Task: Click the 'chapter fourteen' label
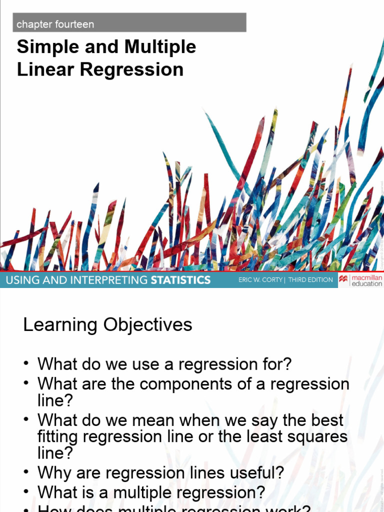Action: click(55, 24)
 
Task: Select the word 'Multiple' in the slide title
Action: click(160, 47)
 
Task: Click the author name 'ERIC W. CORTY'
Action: click(260, 280)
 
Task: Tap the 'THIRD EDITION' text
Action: click(310, 280)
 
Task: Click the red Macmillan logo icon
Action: click(344, 280)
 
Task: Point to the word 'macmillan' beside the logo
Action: click(367, 277)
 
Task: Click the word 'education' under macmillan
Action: click(367, 284)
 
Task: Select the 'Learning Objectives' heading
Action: click(107, 325)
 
